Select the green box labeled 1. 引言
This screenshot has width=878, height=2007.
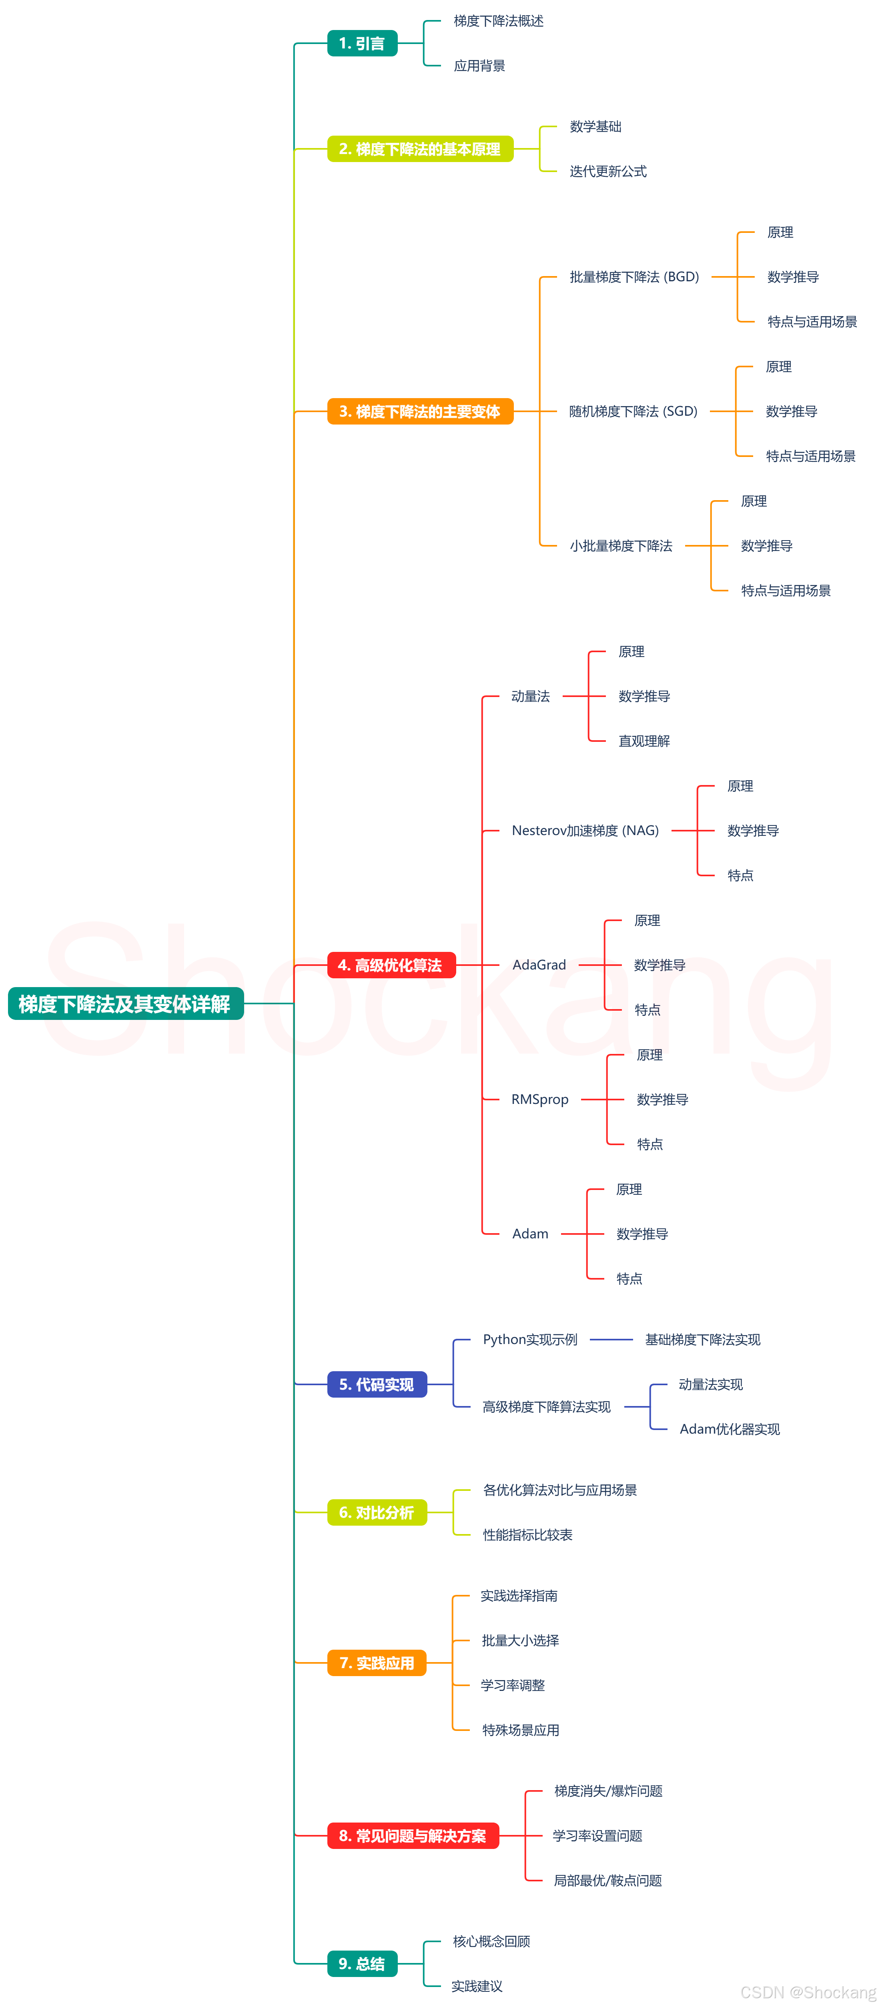pyautogui.click(x=362, y=44)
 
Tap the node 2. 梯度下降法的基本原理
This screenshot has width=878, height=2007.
pyautogui.click(x=420, y=149)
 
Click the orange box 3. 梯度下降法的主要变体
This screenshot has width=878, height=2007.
pyautogui.click(x=420, y=411)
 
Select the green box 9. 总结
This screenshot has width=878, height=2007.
pyautogui.click(x=362, y=1963)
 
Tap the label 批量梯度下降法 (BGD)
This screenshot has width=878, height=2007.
pyautogui.click(x=634, y=276)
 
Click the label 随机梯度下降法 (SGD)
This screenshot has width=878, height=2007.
pyautogui.click(x=633, y=411)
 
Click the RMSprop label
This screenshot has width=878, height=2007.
pyautogui.click(x=540, y=1100)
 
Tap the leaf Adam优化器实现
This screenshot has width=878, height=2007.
pyautogui.click(x=729, y=1429)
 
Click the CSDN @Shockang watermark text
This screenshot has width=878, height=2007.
pyautogui.click(x=808, y=1992)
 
